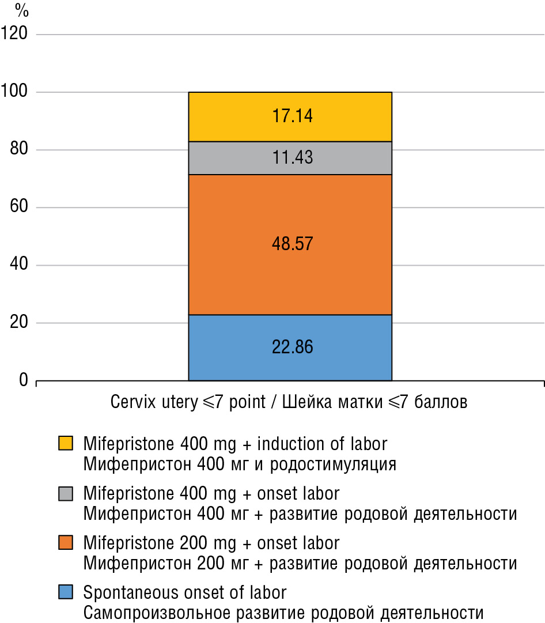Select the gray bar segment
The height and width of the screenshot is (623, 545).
(242, 158)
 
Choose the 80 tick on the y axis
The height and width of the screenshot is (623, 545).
(18, 150)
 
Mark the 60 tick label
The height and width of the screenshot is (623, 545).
(18, 207)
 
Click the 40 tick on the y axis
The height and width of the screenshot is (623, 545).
(18, 265)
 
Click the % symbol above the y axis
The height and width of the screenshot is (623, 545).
(22, 10)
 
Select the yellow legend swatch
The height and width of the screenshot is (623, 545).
(66, 443)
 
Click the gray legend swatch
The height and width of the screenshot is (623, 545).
(66, 493)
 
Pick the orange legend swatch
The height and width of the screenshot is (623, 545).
(66, 542)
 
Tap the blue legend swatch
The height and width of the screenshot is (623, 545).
(66, 592)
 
